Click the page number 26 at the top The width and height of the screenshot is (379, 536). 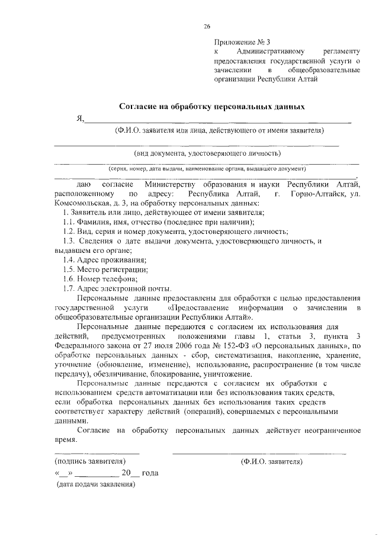[x=207, y=27]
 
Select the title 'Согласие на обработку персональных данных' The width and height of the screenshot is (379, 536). [x=213, y=107]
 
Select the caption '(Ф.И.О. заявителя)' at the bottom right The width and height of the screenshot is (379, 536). [x=272, y=461]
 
